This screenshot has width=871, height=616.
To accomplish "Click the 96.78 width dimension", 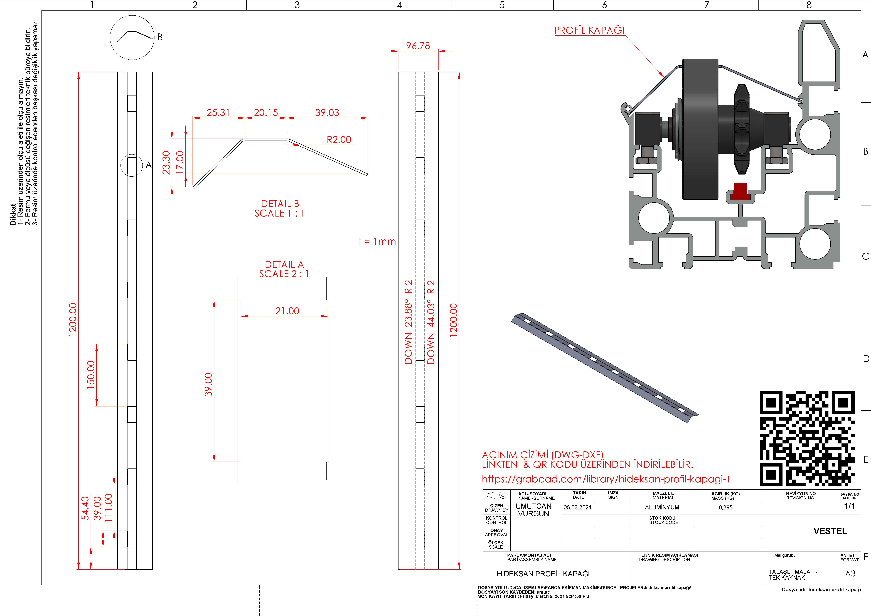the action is click(x=418, y=46).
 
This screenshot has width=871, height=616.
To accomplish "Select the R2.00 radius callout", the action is click(x=339, y=140).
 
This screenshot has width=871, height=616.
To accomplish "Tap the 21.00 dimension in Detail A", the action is click(x=287, y=311).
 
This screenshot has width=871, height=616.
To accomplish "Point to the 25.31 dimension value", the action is click(x=218, y=113).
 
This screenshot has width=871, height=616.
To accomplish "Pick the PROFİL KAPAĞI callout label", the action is click(x=589, y=30).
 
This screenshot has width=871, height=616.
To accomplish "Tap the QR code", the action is click(x=807, y=438).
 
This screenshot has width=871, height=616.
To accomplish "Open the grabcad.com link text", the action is click(x=606, y=479).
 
